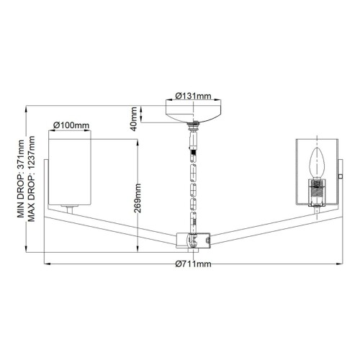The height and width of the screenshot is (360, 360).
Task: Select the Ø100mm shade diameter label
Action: (72, 125)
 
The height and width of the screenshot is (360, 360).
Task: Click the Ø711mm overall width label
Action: (194, 264)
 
